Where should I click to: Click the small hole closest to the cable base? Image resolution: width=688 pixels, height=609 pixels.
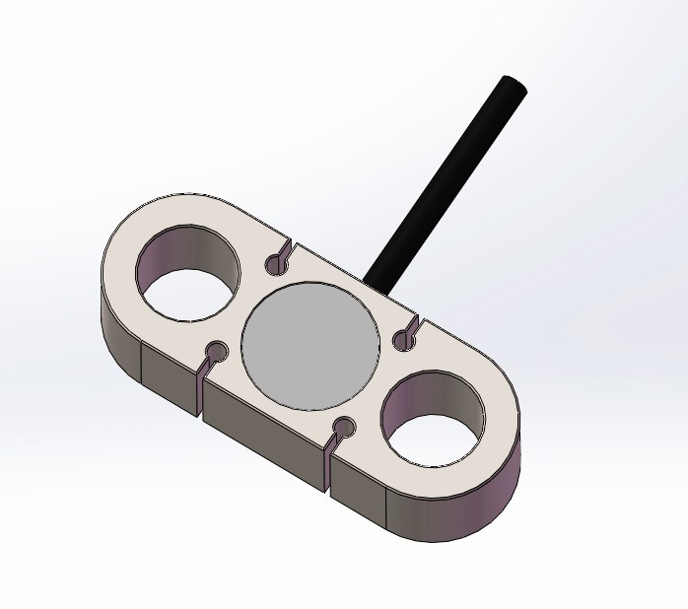coord(401,340)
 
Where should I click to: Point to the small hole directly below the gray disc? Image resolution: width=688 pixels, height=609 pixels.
coord(344,427)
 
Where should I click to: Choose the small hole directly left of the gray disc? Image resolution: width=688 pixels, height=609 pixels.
coord(216,352)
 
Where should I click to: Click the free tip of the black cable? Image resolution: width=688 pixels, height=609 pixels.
coord(514,87)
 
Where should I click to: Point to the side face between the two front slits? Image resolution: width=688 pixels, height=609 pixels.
coord(263,434)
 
